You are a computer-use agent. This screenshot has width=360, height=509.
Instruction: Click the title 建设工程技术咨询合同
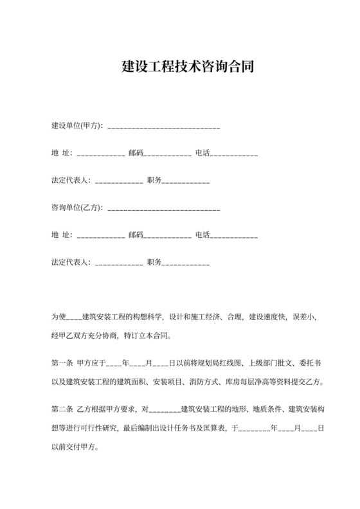pos(180,66)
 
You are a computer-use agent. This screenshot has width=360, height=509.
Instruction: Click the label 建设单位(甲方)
pos(76,125)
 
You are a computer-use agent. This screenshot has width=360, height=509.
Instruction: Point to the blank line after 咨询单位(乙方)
pos(164,211)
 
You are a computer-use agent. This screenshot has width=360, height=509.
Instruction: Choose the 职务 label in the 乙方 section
pos(154,263)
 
